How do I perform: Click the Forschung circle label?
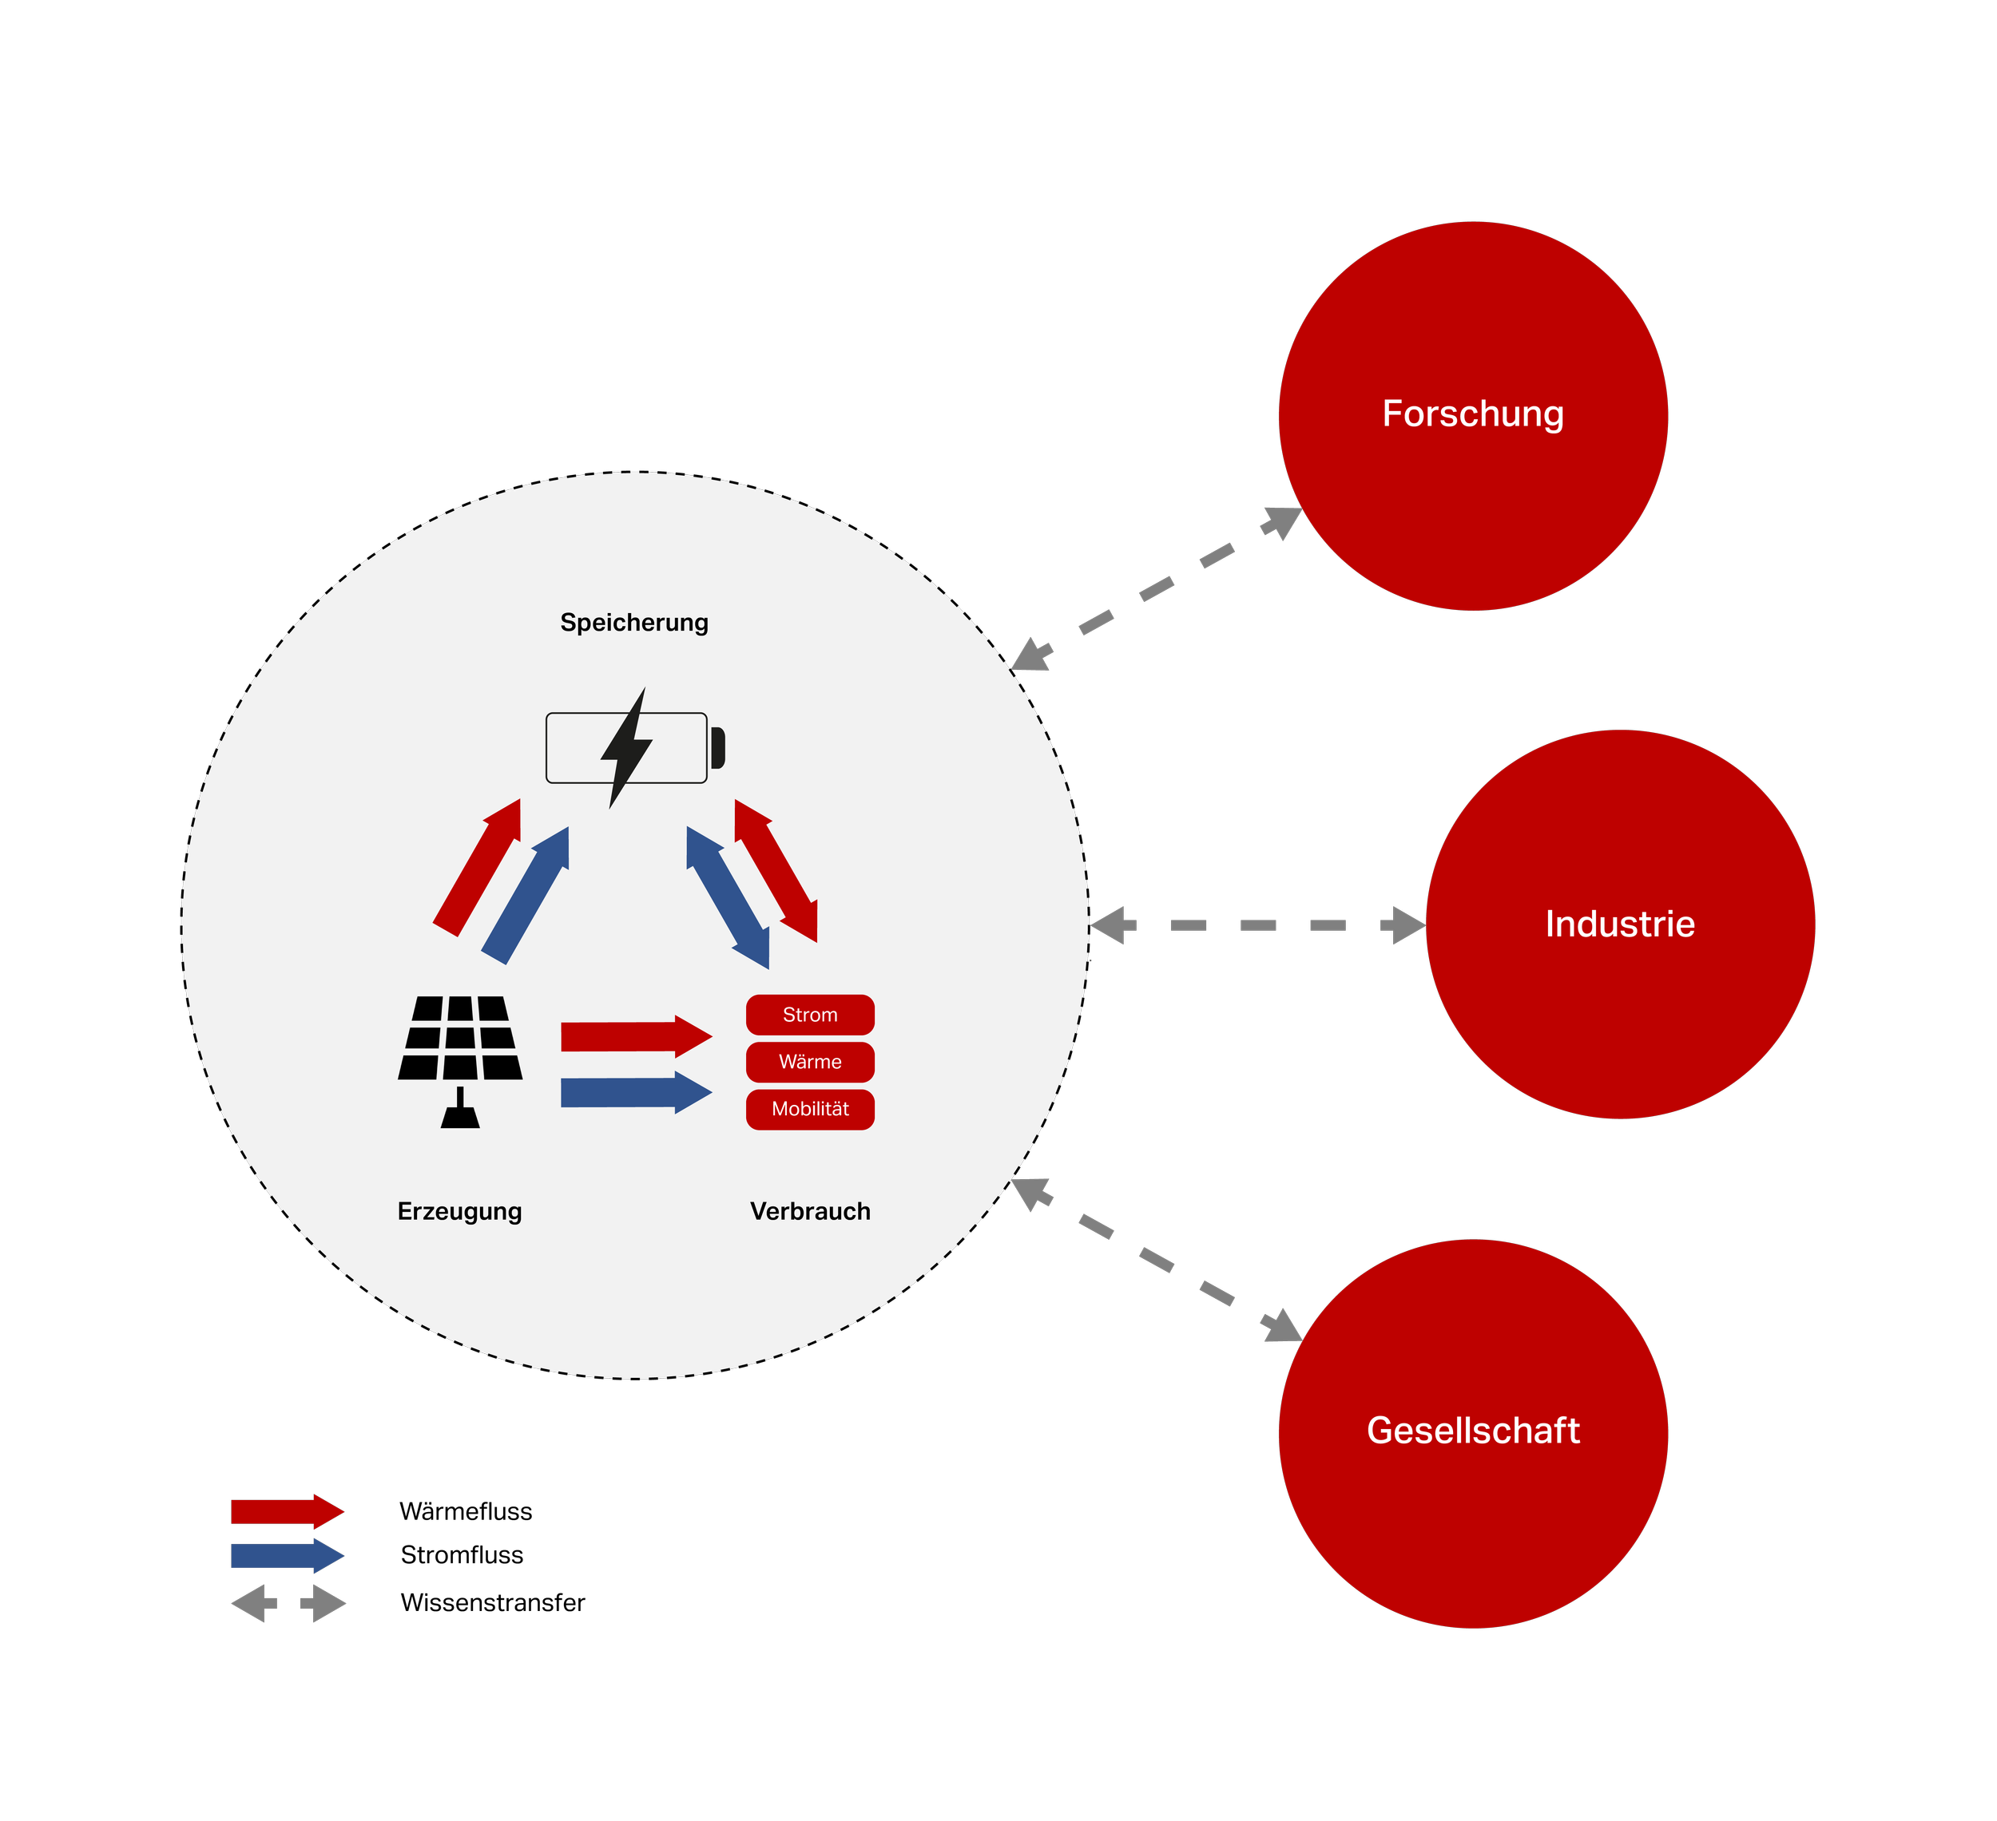click(1472, 414)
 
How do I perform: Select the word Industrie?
click(1620, 924)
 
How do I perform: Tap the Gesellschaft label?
click(1473, 1431)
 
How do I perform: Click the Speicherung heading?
click(634, 623)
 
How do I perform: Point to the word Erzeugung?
click(459, 1211)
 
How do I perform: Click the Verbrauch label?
click(809, 1211)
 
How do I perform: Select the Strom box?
click(809, 1015)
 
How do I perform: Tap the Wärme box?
click(809, 1062)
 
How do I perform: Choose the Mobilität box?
click(809, 1109)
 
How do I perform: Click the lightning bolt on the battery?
click(626, 747)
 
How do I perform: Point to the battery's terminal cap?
click(718, 747)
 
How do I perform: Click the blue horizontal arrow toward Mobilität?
click(635, 1092)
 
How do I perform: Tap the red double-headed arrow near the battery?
click(776, 870)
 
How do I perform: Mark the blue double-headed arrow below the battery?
click(728, 897)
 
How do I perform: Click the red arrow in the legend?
click(288, 1512)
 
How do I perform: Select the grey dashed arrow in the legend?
click(288, 1603)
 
